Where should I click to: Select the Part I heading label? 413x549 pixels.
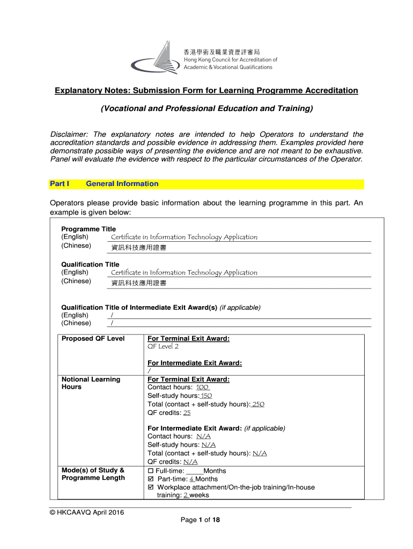tap(60, 184)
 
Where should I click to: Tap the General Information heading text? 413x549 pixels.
tap(122, 184)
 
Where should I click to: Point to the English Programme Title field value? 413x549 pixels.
tap(184, 237)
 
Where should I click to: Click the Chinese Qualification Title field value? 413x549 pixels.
tap(138, 283)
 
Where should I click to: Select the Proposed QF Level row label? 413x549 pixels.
tap(93, 339)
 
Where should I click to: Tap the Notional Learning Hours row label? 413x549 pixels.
tap(91, 383)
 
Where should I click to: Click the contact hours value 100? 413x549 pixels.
tap(202, 388)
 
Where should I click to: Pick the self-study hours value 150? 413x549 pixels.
tap(206, 396)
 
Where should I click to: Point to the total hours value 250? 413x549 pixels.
tap(258, 404)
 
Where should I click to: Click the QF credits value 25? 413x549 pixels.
tap(187, 413)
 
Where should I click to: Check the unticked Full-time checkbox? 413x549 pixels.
tap(151, 471)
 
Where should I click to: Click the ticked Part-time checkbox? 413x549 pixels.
tap(151, 479)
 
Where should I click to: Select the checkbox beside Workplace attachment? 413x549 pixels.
tap(151, 488)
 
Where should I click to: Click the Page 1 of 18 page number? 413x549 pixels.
tap(200, 520)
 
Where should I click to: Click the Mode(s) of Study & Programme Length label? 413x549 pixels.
tap(93, 474)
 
